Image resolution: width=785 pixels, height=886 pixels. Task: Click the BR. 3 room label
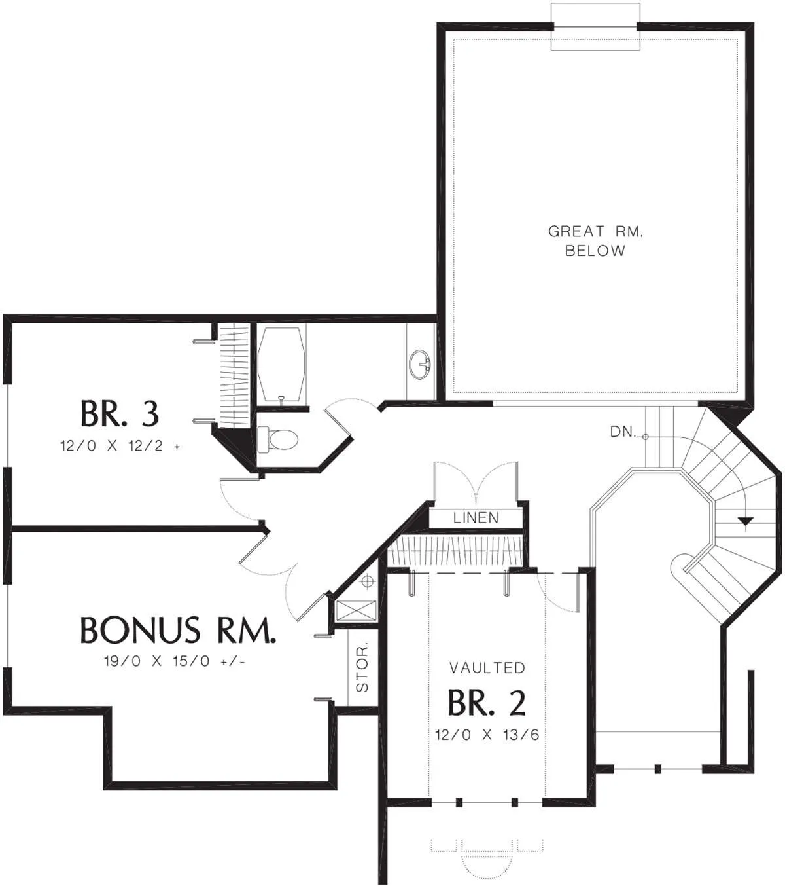(x=120, y=414)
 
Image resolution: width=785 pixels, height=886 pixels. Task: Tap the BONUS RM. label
(x=178, y=630)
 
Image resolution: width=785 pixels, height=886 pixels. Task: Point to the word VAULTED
(x=487, y=668)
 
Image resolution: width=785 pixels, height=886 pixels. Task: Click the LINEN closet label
(x=476, y=518)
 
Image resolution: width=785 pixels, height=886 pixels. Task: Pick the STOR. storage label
(x=362, y=667)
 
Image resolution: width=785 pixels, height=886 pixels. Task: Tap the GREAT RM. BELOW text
(x=595, y=240)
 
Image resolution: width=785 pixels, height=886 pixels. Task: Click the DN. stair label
(x=623, y=432)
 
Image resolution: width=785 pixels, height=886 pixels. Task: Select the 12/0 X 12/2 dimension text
(x=120, y=446)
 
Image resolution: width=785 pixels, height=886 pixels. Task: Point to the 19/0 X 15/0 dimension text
(x=175, y=661)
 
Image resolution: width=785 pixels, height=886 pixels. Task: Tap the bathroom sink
(x=420, y=364)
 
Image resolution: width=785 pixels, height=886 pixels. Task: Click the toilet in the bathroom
(x=278, y=439)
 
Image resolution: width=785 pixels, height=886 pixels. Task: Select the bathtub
(x=282, y=364)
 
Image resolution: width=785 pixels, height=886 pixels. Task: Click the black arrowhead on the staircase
(x=746, y=521)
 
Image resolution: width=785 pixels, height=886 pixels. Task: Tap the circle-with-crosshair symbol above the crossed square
(x=368, y=581)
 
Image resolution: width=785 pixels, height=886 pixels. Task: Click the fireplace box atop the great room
(x=595, y=27)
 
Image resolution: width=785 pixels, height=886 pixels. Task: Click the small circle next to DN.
(x=646, y=436)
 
